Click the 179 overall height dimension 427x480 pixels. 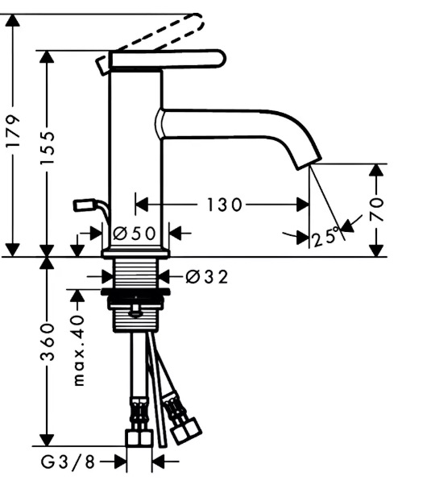[13, 131]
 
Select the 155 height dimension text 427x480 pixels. [48, 148]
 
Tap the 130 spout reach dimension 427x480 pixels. [225, 205]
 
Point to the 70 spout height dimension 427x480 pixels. [377, 209]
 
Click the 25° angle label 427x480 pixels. [326, 236]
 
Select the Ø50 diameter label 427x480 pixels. [135, 234]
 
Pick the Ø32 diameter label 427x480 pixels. [207, 277]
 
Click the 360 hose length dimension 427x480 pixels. [48, 341]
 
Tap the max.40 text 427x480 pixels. [79, 350]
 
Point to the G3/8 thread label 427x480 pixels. [68, 461]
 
